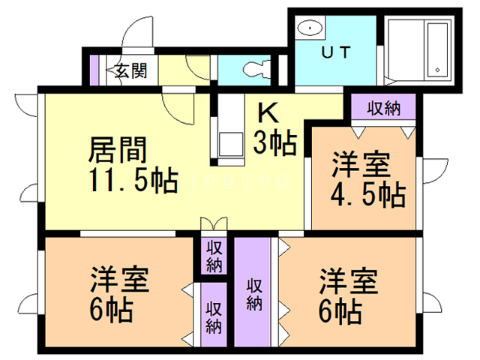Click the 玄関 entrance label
pyautogui.click(x=130, y=72)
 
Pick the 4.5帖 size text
pyautogui.click(x=367, y=194)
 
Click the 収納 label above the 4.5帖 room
pyautogui.click(x=383, y=107)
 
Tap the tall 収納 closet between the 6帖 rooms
pyautogui.click(x=253, y=292)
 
